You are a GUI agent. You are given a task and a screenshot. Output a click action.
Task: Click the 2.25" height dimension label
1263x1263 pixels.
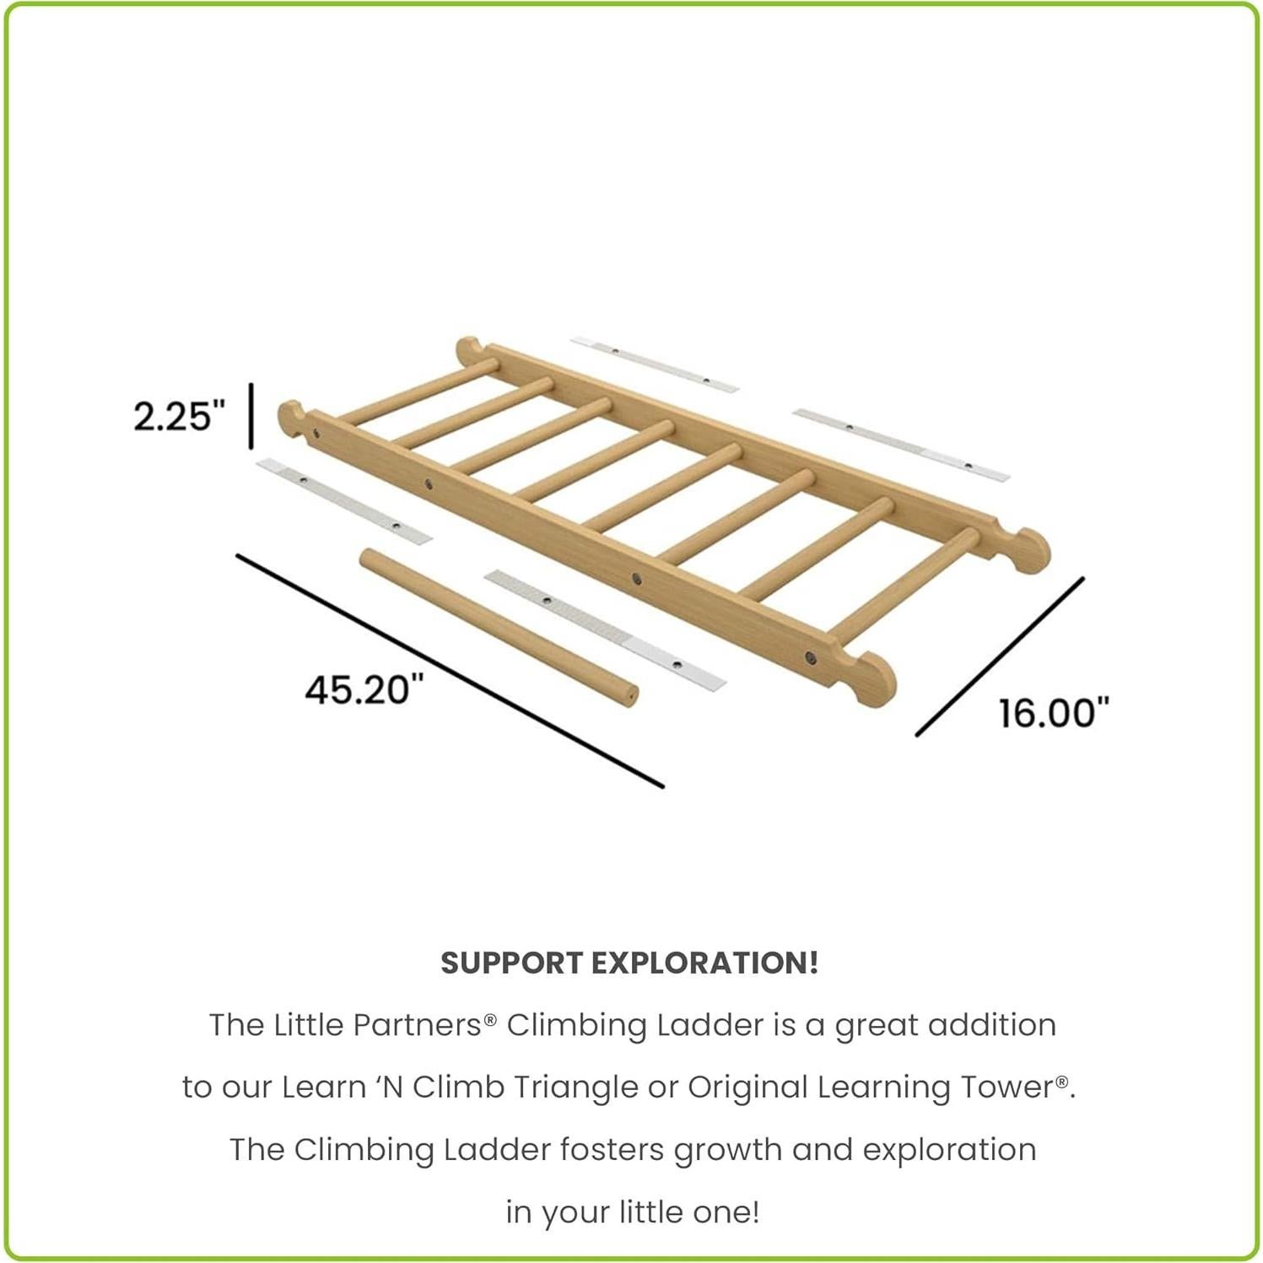(180, 416)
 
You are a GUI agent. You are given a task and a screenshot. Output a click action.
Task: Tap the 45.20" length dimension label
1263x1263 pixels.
(364, 690)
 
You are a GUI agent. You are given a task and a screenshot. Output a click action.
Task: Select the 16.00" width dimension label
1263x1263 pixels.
(1053, 713)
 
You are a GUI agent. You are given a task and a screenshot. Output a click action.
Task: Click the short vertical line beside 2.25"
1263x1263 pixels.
(251, 416)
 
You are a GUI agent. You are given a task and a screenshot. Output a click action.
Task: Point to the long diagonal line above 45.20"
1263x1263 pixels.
(450, 671)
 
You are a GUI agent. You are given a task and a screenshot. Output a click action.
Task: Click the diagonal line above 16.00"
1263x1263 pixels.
(1000, 656)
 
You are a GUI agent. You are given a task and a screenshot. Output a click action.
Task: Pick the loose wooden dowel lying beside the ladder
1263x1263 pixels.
(499, 627)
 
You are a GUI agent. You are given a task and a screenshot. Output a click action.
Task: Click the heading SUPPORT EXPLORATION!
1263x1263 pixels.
(629, 963)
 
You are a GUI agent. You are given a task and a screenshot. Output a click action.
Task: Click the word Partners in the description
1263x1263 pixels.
(417, 1025)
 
